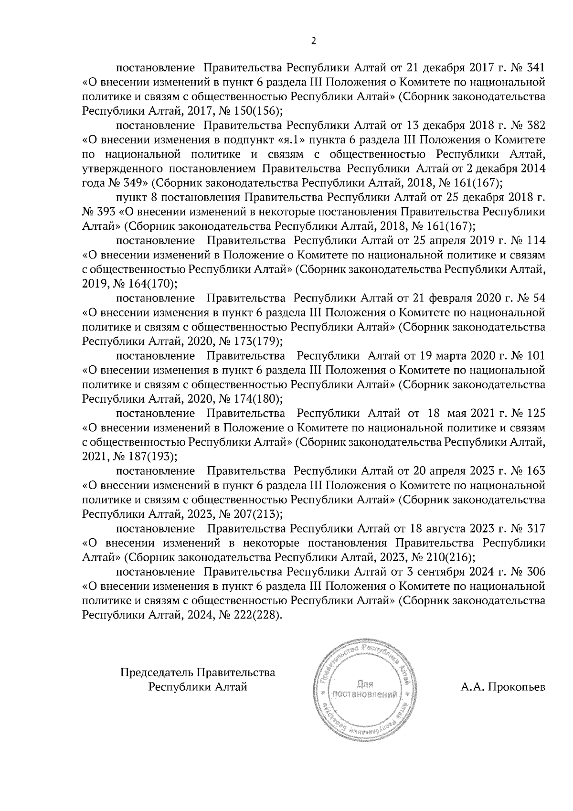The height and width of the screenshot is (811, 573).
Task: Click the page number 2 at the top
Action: tap(313, 42)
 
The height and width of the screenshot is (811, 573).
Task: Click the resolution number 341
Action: tap(534, 67)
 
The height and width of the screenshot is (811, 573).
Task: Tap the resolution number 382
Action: tap(534, 125)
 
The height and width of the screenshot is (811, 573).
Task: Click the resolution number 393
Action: tap(105, 212)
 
